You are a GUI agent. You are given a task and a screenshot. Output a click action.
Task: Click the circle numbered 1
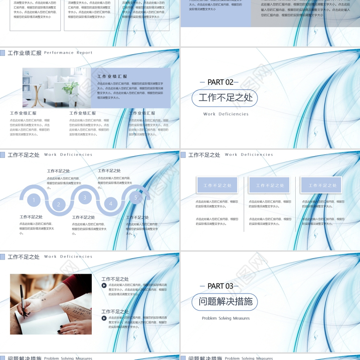point(32,200)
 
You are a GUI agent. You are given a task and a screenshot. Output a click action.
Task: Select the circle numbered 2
point(58,205)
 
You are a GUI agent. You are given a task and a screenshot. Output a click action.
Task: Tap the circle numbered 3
point(85,197)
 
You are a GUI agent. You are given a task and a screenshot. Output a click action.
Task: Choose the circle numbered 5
point(136,197)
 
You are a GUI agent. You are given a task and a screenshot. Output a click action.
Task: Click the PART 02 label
point(220,82)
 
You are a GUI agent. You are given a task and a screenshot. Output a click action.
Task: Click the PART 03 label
point(220,286)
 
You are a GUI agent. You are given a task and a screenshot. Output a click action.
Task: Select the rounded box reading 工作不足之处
point(225,98)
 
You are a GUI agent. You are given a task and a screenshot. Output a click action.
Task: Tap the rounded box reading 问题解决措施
point(225,301)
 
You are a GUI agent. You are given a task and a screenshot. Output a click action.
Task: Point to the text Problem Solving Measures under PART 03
point(225,318)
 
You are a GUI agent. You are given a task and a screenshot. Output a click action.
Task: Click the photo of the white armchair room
point(57,88)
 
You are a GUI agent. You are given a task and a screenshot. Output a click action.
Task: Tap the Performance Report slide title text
point(68,53)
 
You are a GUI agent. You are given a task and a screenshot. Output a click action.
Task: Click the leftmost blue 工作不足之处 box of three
point(217,185)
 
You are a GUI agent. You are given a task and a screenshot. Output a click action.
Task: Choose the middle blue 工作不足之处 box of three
point(270,185)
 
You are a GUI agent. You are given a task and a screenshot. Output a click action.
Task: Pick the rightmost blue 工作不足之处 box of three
point(321,185)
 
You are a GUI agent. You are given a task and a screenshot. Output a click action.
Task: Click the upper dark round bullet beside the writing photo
point(104,285)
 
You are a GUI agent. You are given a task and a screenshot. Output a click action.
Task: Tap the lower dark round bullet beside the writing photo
point(104,318)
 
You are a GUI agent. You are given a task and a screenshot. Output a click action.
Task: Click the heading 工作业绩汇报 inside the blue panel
point(112,76)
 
